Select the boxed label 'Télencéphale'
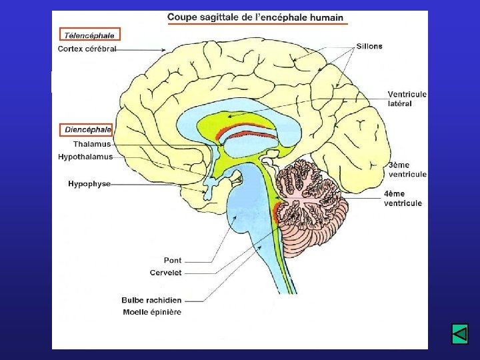coord(89,35)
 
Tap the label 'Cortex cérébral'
coord(87,49)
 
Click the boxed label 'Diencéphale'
coord(88,129)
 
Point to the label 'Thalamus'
coord(92,144)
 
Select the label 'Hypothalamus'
coord(85,157)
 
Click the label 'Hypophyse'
coord(89,184)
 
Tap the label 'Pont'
coord(173,260)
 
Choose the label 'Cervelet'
coord(165,273)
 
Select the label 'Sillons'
coord(369,47)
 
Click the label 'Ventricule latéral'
coord(407,99)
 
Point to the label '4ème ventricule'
coord(403,199)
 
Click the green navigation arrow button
coord(460,333)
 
